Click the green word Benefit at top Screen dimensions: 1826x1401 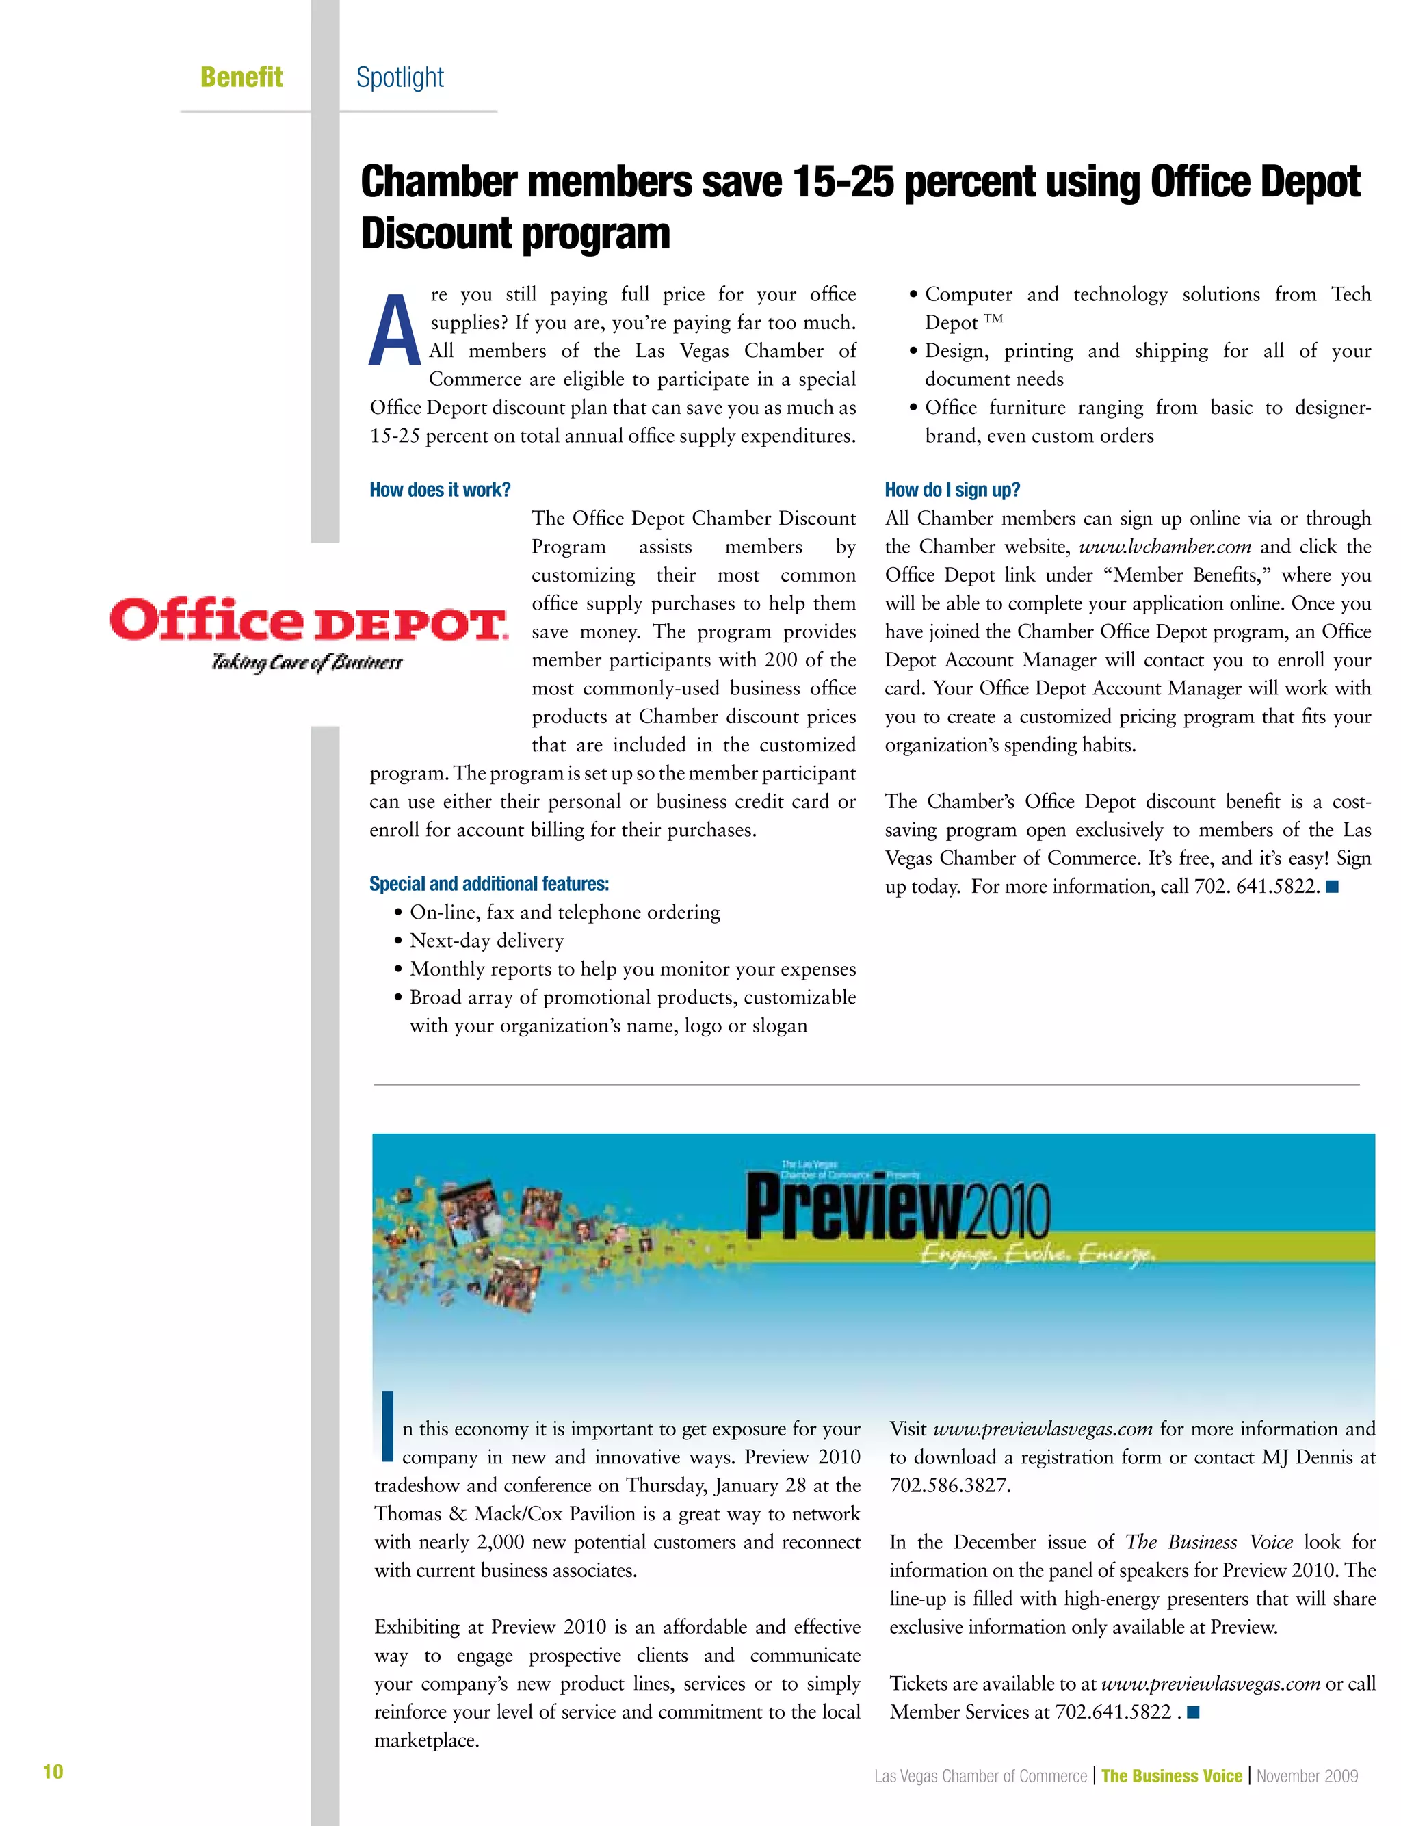pos(241,77)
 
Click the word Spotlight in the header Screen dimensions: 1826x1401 pos(400,77)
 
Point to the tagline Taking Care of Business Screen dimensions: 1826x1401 pos(307,663)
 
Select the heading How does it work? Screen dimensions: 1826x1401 pos(439,491)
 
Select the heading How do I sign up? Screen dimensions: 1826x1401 pos(952,491)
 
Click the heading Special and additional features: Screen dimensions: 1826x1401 pos(488,884)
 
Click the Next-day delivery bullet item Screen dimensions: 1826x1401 pos(486,941)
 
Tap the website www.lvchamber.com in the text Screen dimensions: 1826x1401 pos(1164,547)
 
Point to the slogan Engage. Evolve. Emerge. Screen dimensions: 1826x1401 pos(1036,1254)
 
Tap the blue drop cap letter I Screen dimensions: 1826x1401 pos(386,1426)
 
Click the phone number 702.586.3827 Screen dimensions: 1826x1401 pos(949,1486)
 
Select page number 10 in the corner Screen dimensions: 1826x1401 pos(53,1772)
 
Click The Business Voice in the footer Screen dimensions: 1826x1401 pos(1171,1776)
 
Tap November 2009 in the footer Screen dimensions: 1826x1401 pos(1307,1776)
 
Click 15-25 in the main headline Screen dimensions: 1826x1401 pos(843,182)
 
